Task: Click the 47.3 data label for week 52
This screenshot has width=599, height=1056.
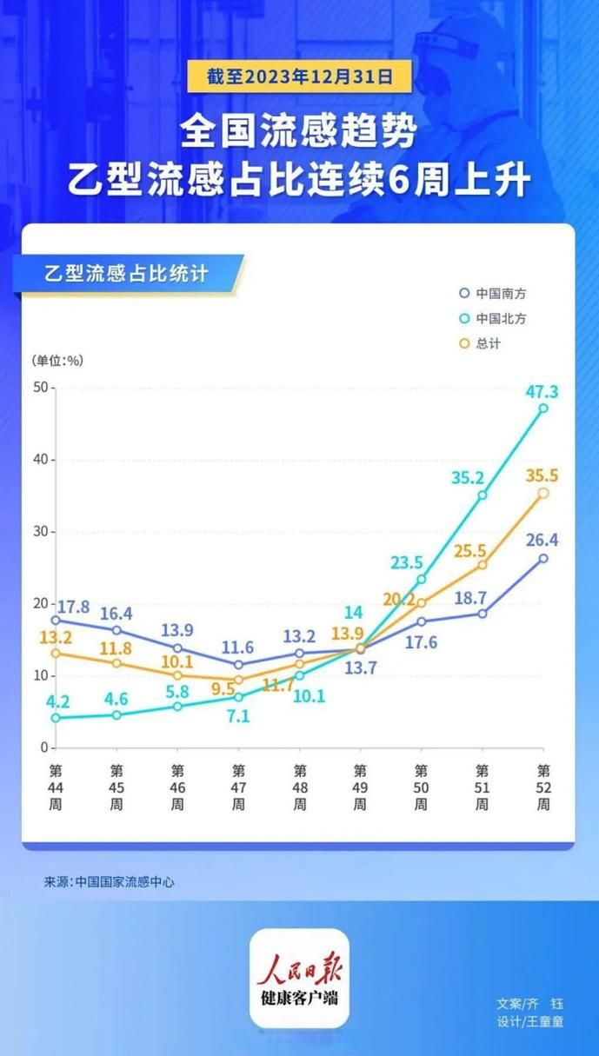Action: click(x=542, y=391)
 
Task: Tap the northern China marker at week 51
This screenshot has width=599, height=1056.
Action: click(x=483, y=495)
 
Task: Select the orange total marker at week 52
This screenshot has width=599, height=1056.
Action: click(x=543, y=493)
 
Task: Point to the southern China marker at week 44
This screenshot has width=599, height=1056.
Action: click(x=56, y=620)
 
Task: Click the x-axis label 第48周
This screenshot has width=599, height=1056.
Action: click(x=300, y=787)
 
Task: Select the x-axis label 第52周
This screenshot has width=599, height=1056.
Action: click(x=543, y=787)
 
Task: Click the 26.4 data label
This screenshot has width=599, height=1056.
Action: click(x=542, y=541)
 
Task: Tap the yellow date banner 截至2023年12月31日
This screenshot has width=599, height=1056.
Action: click(x=299, y=77)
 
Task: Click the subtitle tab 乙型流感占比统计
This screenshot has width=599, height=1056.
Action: click(x=126, y=274)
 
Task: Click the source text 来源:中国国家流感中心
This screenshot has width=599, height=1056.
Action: click(x=110, y=881)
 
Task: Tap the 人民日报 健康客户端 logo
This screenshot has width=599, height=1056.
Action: click(x=299, y=979)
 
